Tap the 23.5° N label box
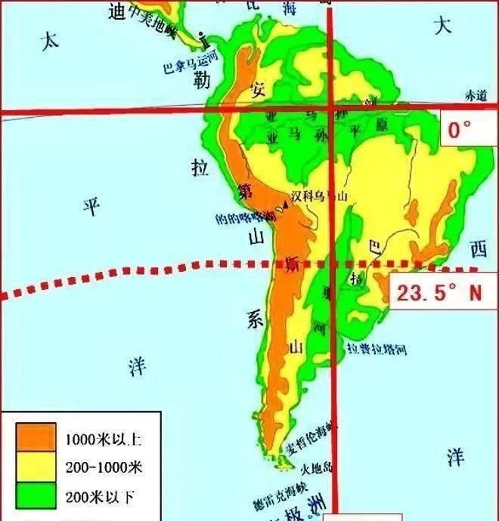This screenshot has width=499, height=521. pyautogui.click(x=439, y=292)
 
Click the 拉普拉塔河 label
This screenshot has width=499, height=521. pyautogui.click(x=377, y=349)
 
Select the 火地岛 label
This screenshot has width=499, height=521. pyautogui.click(x=315, y=467)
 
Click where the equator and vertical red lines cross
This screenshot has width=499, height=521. pyautogui.click(x=330, y=112)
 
